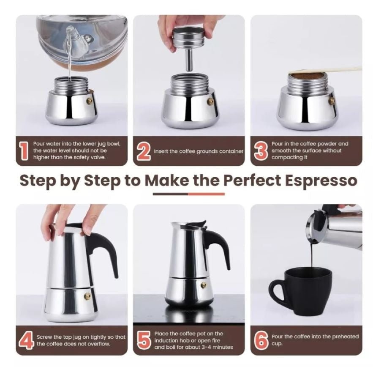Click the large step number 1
click(24, 151)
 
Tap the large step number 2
click(144, 151)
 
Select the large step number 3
click(261, 151)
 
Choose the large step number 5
click(144, 340)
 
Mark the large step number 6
click(261, 340)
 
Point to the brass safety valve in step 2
click(210, 102)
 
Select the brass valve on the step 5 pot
click(204, 285)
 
